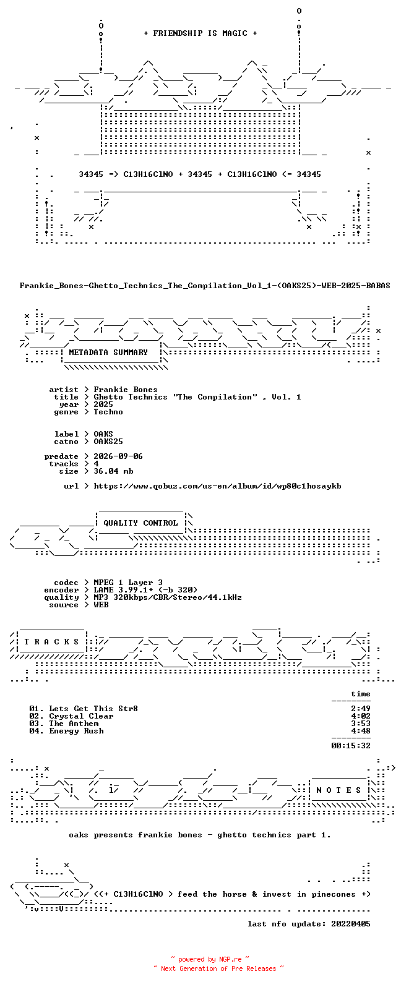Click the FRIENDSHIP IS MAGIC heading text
pyautogui.click(x=200, y=33)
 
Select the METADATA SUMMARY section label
pyautogui.click(x=108, y=352)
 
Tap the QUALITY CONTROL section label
pyautogui.click(x=140, y=523)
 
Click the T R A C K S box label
pyautogui.click(x=51, y=641)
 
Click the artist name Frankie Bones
pyautogui.click(x=126, y=390)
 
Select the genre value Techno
pyautogui.click(x=108, y=412)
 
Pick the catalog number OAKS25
pyautogui.click(x=108, y=442)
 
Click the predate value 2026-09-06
pyautogui.click(x=118, y=456)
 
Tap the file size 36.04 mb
pyautogui.click(x=113, y=471)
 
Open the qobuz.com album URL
pyautogui.click(x=217, y=487)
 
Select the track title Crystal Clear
pyautogui.click(x=81, y=716)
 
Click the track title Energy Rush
pyautogui.click(x=76, y=731)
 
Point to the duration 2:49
pyautogui.click(x=361, y=709)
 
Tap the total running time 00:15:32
pyautogui.click(x=351, y=746)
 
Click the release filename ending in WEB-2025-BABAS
pyautogui.click(x=205, y=286)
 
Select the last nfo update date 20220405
pyautogui.click(x=351, y=924)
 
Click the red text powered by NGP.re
pyautogui.click(x=210, y=959)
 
